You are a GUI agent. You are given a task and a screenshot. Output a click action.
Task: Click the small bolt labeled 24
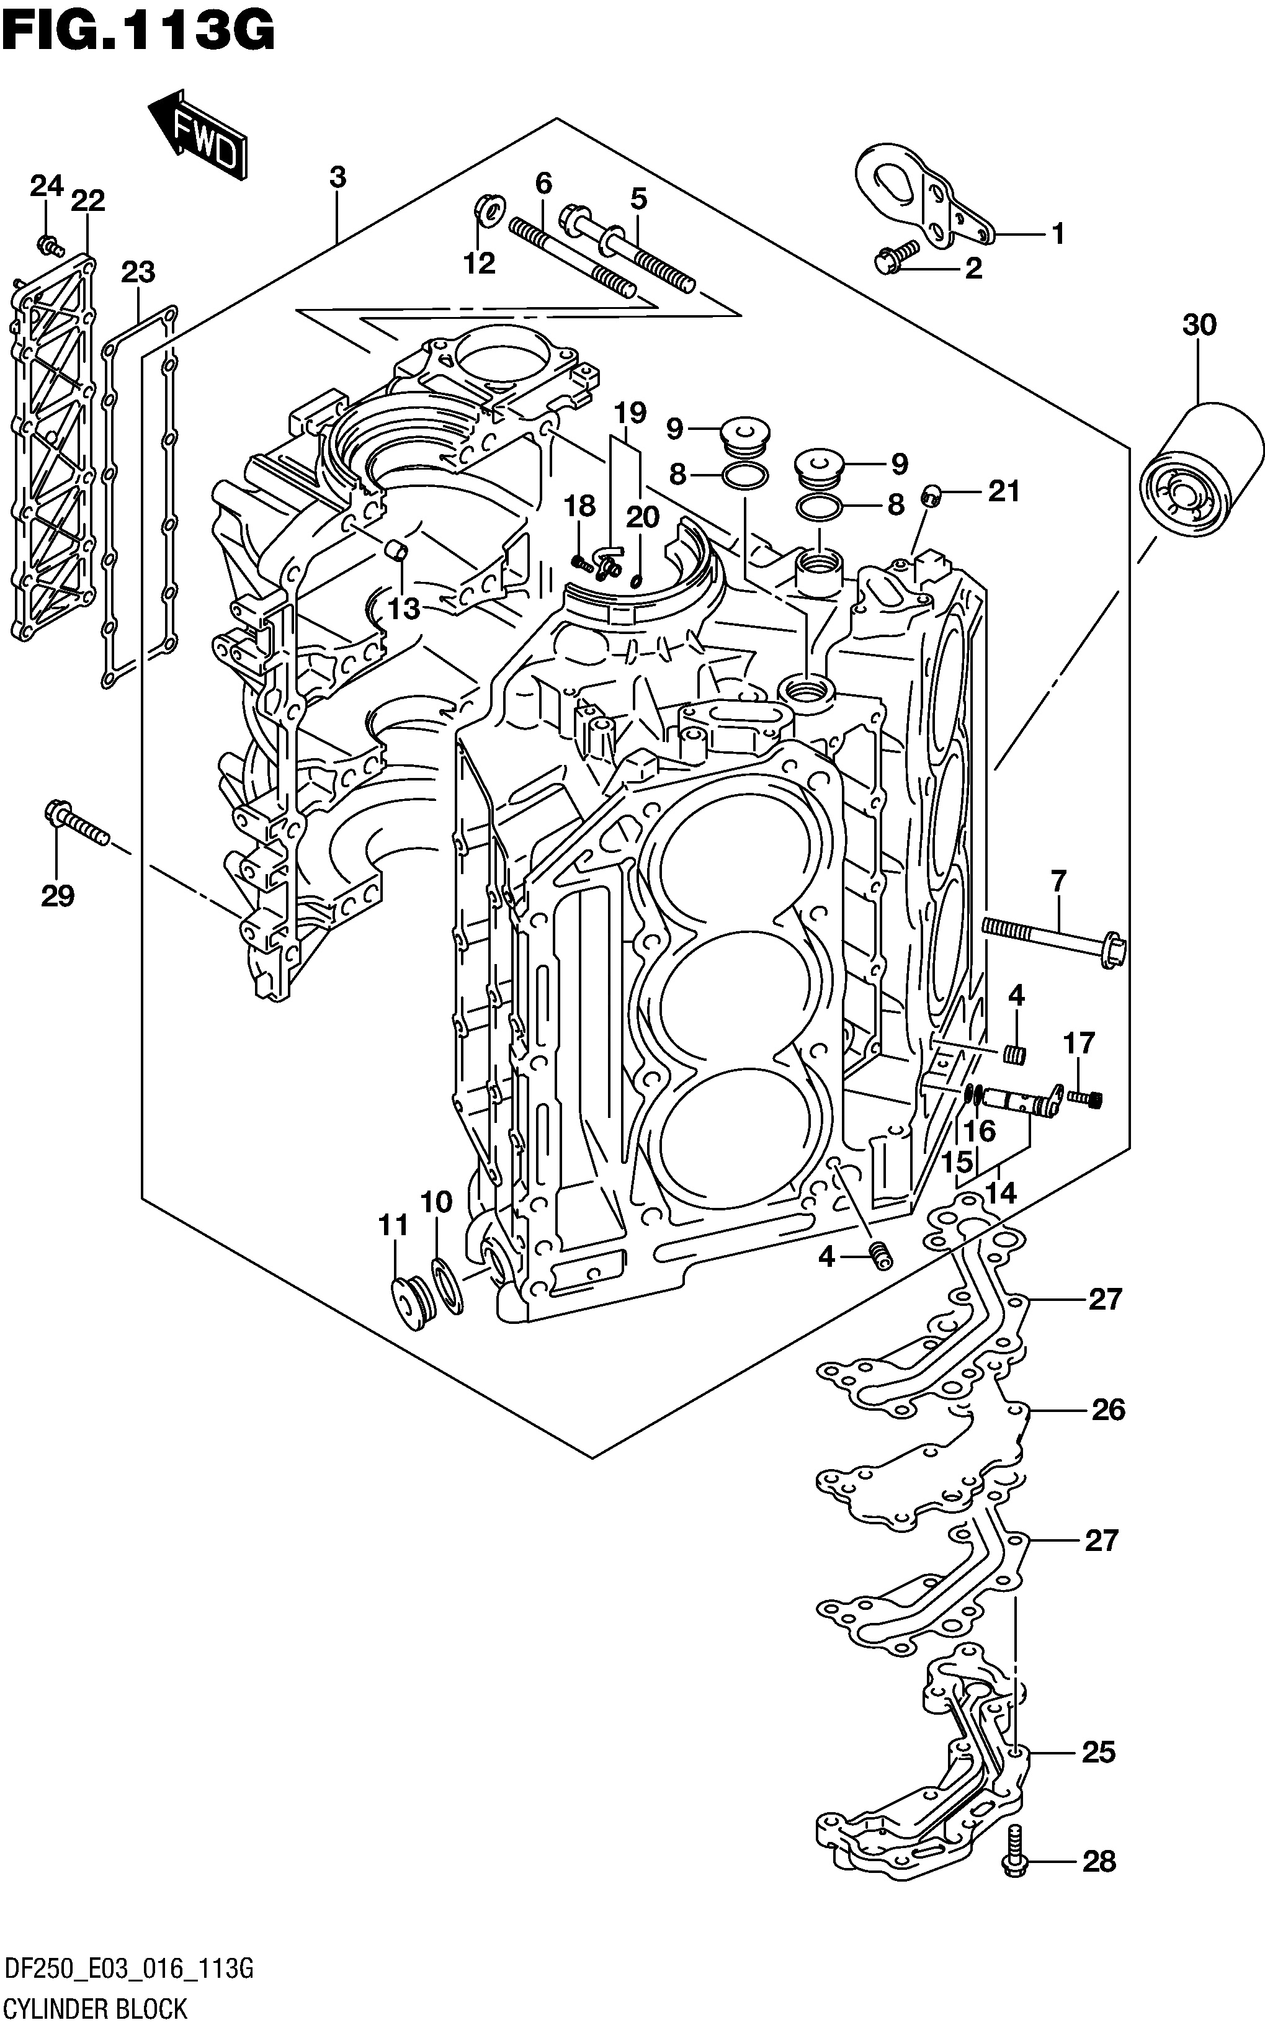pyautogui.click(x=50, y=245)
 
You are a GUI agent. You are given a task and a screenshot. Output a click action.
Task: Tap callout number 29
pyautogui.click(x=58, y=896)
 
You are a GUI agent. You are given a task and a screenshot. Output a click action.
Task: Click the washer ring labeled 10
pyautogui.click(x=447, y=1286)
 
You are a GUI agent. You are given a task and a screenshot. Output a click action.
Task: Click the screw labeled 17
pyautogui.click(x=1085, y=1097)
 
